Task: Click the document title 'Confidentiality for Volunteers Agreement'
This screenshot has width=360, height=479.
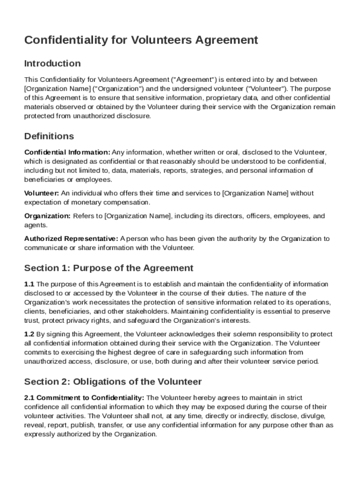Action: (x=141, y=40)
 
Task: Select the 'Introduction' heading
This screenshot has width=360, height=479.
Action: (x=52, y=63)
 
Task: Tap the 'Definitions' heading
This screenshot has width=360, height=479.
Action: (x=49, y=136)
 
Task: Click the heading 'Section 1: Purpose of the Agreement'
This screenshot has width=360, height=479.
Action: (x=108, y=268)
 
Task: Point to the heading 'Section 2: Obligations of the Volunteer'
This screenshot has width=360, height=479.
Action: (x=113, y=381)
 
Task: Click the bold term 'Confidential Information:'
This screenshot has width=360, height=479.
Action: (x=67, y=152)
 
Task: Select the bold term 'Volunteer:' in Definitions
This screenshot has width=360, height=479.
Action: (x=42, y=193)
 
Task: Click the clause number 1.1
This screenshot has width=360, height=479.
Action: (x=29, y=284)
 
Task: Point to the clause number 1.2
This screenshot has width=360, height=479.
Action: (x=29, y=334)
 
